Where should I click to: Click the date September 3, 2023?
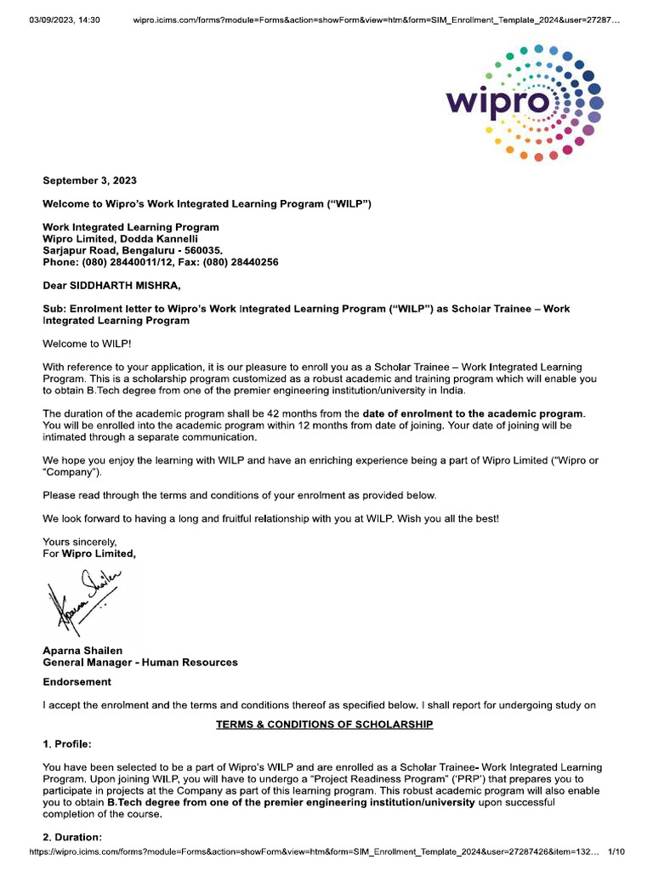(89, 180)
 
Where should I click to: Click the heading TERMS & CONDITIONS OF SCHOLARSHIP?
(324, 724)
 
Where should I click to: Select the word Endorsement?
(77, 682)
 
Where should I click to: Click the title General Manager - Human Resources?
(140, 662)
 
